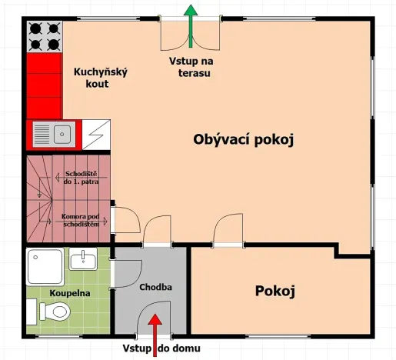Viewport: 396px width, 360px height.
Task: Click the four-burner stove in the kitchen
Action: click(x=45, y=36)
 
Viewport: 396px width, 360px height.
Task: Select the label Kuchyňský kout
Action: click(x=100, y=78)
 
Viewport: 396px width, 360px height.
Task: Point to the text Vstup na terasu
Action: click(x=189, y=67)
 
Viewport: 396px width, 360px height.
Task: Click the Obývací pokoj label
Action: click(x=244, y=140)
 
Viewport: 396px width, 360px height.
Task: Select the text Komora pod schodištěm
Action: click(x=82, y=221)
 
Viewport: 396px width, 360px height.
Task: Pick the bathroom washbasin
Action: click(x=86, y=259)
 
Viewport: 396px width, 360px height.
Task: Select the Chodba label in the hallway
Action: click(x=156, y=288)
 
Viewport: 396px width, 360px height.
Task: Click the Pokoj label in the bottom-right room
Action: click(x=275, y=291)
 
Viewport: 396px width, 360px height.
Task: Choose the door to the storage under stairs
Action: click(x=124, y=218)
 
